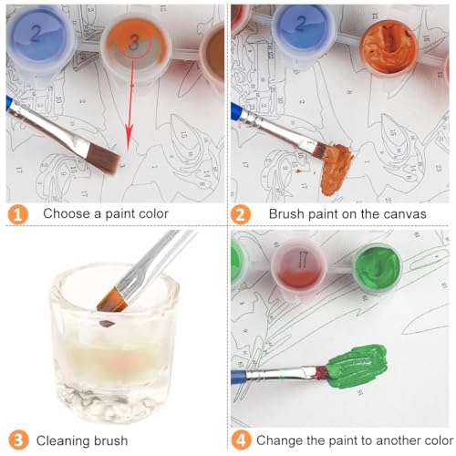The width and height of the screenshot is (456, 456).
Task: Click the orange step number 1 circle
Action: pyautogui.click(x=18, y=214)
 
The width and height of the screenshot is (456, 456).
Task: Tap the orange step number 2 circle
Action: pyautogui.click(x=241, y=214)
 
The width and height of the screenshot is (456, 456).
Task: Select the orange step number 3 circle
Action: pyautogui.click(x=18, y=440)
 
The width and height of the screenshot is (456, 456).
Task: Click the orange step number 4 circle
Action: pyautogui.click(x=241, y=440)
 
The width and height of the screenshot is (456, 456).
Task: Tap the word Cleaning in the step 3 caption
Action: pyautogui.click(x=62, y=441)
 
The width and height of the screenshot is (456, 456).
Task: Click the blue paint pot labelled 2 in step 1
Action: pyautogui.click(x=39, y=40)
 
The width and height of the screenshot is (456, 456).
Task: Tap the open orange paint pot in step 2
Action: pyautogui.click(x=389, y=47)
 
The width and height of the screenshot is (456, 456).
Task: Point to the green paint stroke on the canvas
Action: pyautogui.click(x=358, y=367)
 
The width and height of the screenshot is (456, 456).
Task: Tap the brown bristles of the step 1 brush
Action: pyautogui.click(x=104, y=159)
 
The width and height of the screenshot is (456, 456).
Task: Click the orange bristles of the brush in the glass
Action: pyautogui.click(x=112, y=300)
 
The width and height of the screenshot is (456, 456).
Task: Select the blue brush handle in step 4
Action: pyautogui.click(x=239, y=378)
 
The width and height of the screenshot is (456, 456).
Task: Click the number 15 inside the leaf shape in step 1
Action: pyautogui.click(x=183, y=134)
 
